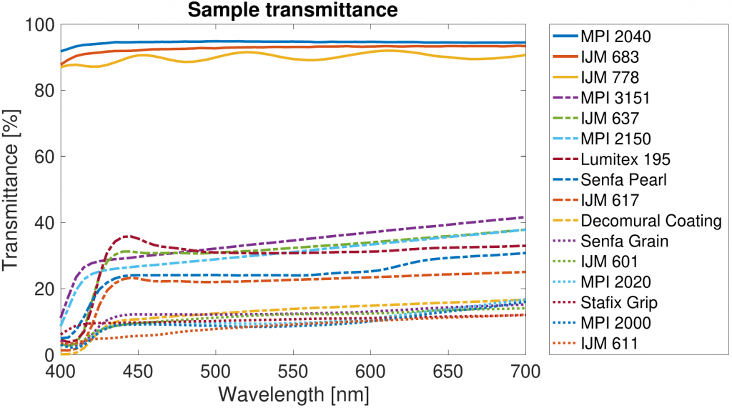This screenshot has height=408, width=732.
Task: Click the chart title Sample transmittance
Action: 293,10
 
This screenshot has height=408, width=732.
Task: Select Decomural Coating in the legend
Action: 651,221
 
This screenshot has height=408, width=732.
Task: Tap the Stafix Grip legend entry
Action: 619,303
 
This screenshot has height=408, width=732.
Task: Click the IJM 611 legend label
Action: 610,344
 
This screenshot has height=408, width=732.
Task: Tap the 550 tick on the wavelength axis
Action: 292,374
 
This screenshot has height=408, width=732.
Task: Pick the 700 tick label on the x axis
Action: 525,374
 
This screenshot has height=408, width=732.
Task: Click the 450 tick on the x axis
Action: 137,374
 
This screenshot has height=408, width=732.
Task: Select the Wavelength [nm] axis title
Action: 293,394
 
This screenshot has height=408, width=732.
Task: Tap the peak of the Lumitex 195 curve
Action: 127,236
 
